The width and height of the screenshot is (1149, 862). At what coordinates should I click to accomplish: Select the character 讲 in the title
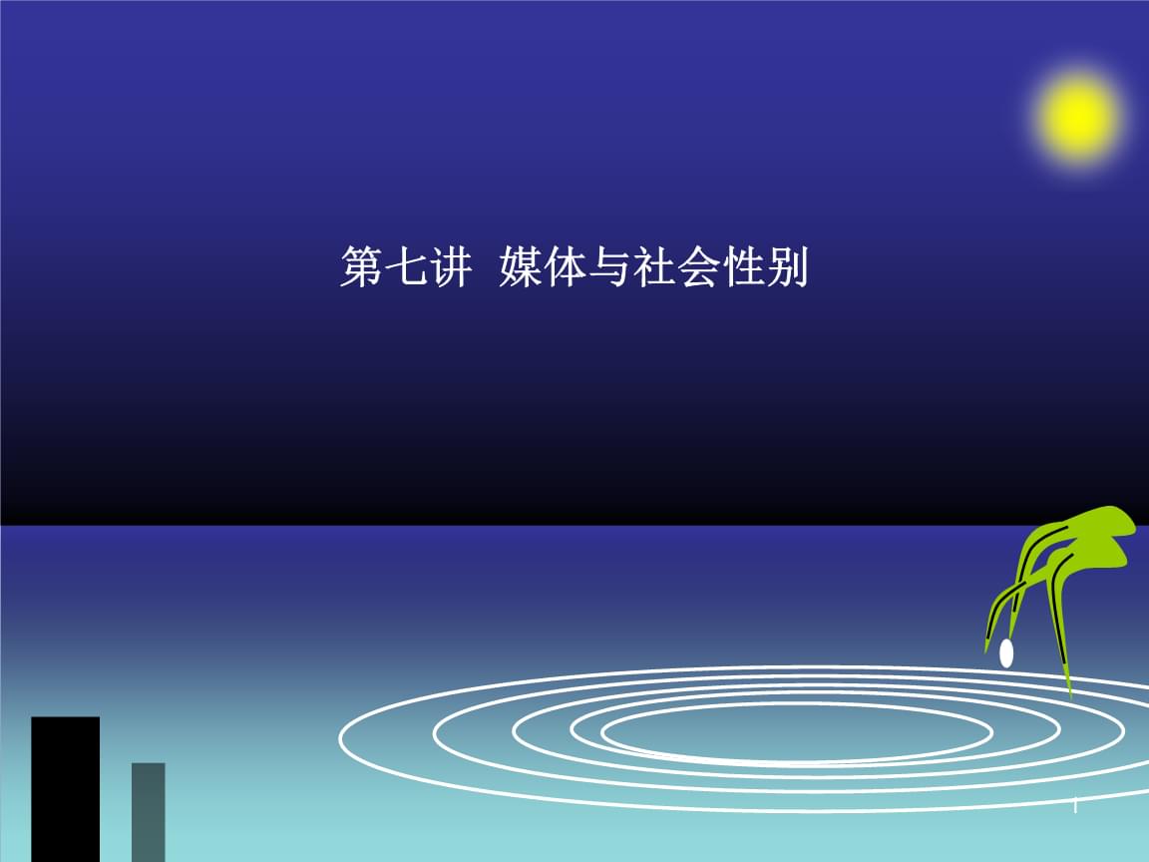[449, 269]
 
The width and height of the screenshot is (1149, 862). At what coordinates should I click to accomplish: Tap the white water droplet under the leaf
[1006, 653]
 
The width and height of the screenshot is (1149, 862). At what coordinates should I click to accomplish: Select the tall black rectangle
[66, 788]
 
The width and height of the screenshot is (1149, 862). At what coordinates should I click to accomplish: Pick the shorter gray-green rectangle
[149, 811]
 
